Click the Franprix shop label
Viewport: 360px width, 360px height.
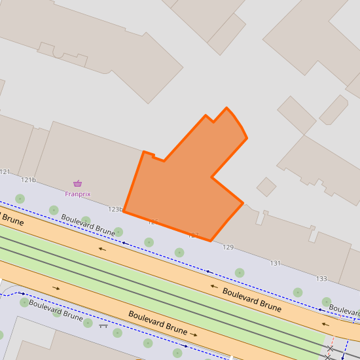[x=77, y=194]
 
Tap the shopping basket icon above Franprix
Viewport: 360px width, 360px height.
[x=78, y=184]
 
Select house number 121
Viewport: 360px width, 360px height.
[x=5, y=172]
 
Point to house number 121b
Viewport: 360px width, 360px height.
[x=28, y=180]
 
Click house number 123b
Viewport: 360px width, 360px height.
[x=115, y=209]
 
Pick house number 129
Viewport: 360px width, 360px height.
[x=228, y=247]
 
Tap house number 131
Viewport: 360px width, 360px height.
[x=276, y=263]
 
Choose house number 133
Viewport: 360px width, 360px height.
[x=321, y=279]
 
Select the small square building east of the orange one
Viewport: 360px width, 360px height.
[x=266, y=187]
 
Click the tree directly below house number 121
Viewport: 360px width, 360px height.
[x=20, y=198]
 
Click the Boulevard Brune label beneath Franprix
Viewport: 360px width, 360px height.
[x=88, y=224]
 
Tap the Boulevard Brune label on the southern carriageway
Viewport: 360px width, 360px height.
[x=158, y=321]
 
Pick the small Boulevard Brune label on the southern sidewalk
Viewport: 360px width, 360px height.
[x=55, y=311]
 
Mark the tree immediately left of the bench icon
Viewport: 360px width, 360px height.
[x=88, y=323]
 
